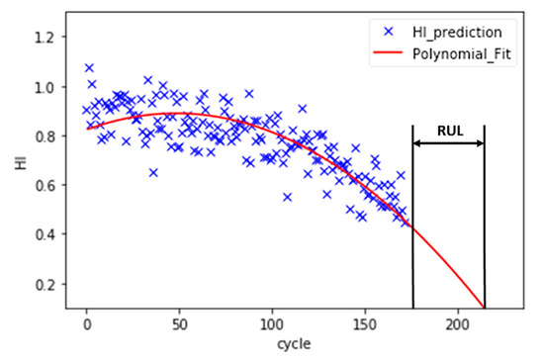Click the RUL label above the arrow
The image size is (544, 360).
pos(448,130)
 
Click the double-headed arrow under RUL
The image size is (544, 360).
pos(448,143)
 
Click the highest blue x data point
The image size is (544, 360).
pos(89,68)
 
